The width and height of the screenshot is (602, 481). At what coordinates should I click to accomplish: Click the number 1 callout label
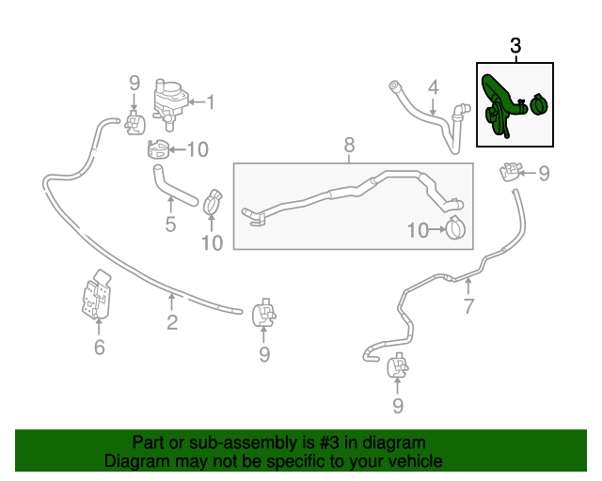211,101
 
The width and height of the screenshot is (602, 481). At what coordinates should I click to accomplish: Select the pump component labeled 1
168,100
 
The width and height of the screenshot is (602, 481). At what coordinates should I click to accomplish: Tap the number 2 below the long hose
172,323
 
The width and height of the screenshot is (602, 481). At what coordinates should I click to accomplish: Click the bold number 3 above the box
515,46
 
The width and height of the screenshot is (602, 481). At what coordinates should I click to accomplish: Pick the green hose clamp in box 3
539,103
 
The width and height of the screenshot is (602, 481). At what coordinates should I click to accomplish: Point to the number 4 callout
434,89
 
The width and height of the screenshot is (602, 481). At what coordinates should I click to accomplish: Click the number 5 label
170,225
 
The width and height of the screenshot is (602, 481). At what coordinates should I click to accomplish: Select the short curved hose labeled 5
173,183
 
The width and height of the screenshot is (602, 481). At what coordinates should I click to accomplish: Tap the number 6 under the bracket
99,349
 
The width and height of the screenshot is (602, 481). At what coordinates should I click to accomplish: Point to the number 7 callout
468,306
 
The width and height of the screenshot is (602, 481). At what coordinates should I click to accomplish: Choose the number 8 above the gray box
349,146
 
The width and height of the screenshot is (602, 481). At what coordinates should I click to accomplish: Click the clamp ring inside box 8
456,227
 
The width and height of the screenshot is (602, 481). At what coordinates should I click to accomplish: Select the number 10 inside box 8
418,229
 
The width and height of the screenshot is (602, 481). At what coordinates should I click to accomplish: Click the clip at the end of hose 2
263,313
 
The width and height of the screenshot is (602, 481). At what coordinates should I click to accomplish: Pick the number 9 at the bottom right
397,405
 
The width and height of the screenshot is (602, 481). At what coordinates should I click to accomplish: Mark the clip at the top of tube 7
512,172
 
